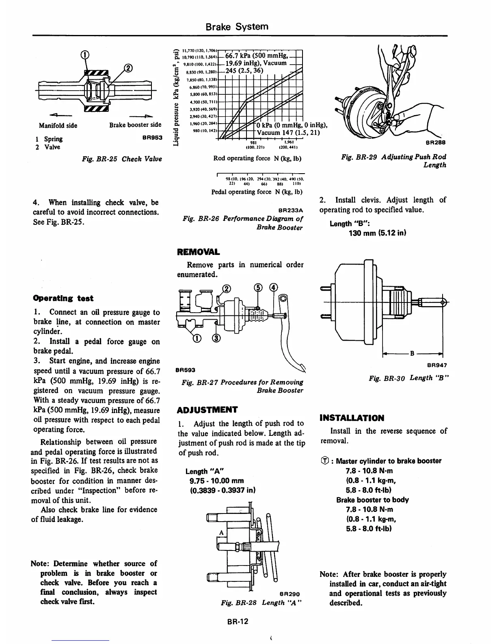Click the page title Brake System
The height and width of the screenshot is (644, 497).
point(237,27)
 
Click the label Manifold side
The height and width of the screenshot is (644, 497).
point(58,125)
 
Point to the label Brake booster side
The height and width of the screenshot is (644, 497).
point(135,125)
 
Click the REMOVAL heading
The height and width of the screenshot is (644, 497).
point(199,252)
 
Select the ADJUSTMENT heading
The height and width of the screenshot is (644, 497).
point(207,409)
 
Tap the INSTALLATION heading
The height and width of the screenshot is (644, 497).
point(352,418)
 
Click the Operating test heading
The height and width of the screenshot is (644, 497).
point(63,298)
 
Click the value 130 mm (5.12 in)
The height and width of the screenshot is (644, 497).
point(378,233)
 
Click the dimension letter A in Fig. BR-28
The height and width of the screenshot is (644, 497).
point(222,533)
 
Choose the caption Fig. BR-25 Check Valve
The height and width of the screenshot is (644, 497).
point(121,159)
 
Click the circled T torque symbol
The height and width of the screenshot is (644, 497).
point(324,461)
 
